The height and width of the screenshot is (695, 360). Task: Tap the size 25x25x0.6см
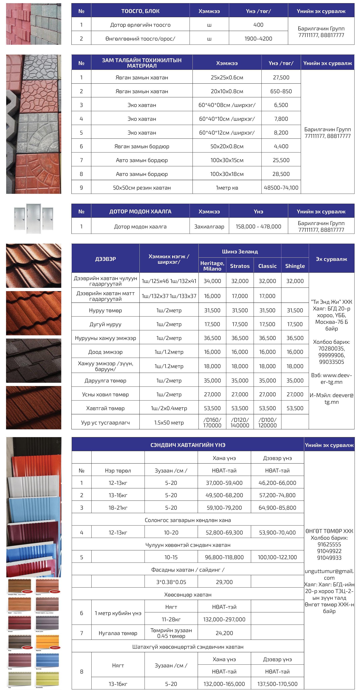click(227, 77)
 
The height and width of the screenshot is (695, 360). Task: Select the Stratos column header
click(240, 266)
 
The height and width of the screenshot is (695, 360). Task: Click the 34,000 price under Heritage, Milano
click(212, 281)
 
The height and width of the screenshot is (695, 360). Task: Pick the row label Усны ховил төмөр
click(105, 394)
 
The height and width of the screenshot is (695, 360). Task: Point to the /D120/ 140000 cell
click(240, 422)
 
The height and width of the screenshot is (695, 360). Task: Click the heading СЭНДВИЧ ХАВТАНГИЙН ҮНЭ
click(188, 445)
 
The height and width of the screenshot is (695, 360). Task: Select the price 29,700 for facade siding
click(224, 582)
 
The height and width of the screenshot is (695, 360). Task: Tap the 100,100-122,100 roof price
click(277, 557)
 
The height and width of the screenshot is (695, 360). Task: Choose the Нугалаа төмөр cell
click(118, 633)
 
